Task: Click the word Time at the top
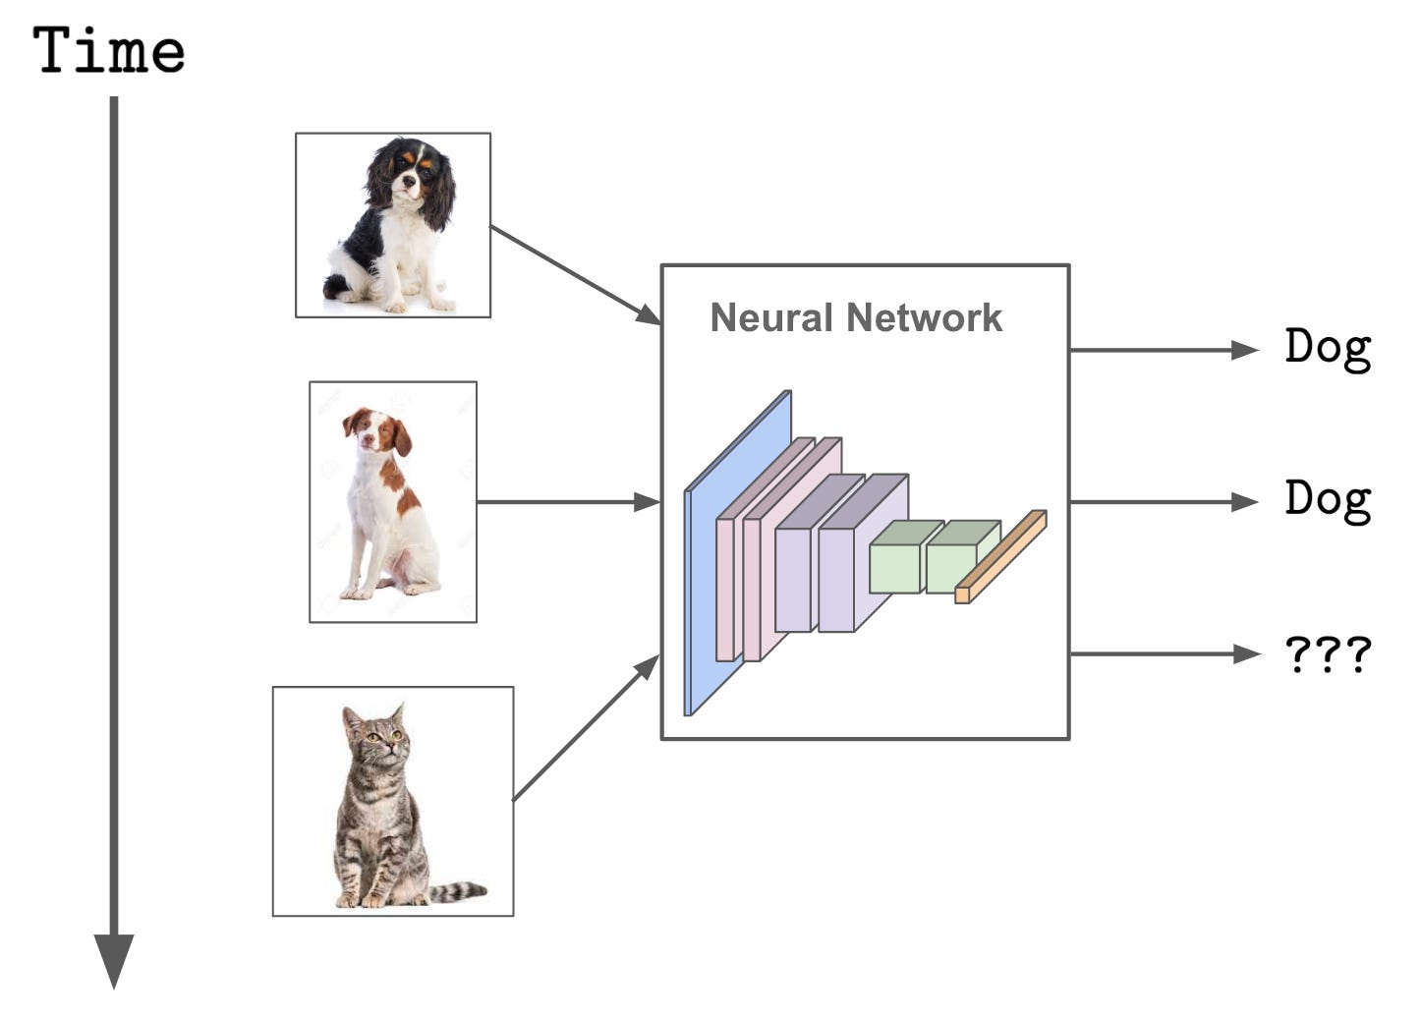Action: (x=108, y=51)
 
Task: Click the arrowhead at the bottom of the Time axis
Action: (x=114, y=958)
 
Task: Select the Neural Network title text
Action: (x=856, y=317)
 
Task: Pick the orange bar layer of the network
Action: (x=1000, y=557)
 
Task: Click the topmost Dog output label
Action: (x=1327, y=349)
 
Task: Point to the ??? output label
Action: (x=1327, y=653)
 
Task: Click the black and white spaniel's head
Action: (x=410, y=175)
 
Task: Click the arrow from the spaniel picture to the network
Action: (x=576, y=275)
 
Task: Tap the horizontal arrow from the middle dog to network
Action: (x=568, y=502)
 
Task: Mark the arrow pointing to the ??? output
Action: (x=1164, y=653)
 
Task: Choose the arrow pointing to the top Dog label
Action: (x=1164, y=349)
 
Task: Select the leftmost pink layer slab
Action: (x=725, y=590)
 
